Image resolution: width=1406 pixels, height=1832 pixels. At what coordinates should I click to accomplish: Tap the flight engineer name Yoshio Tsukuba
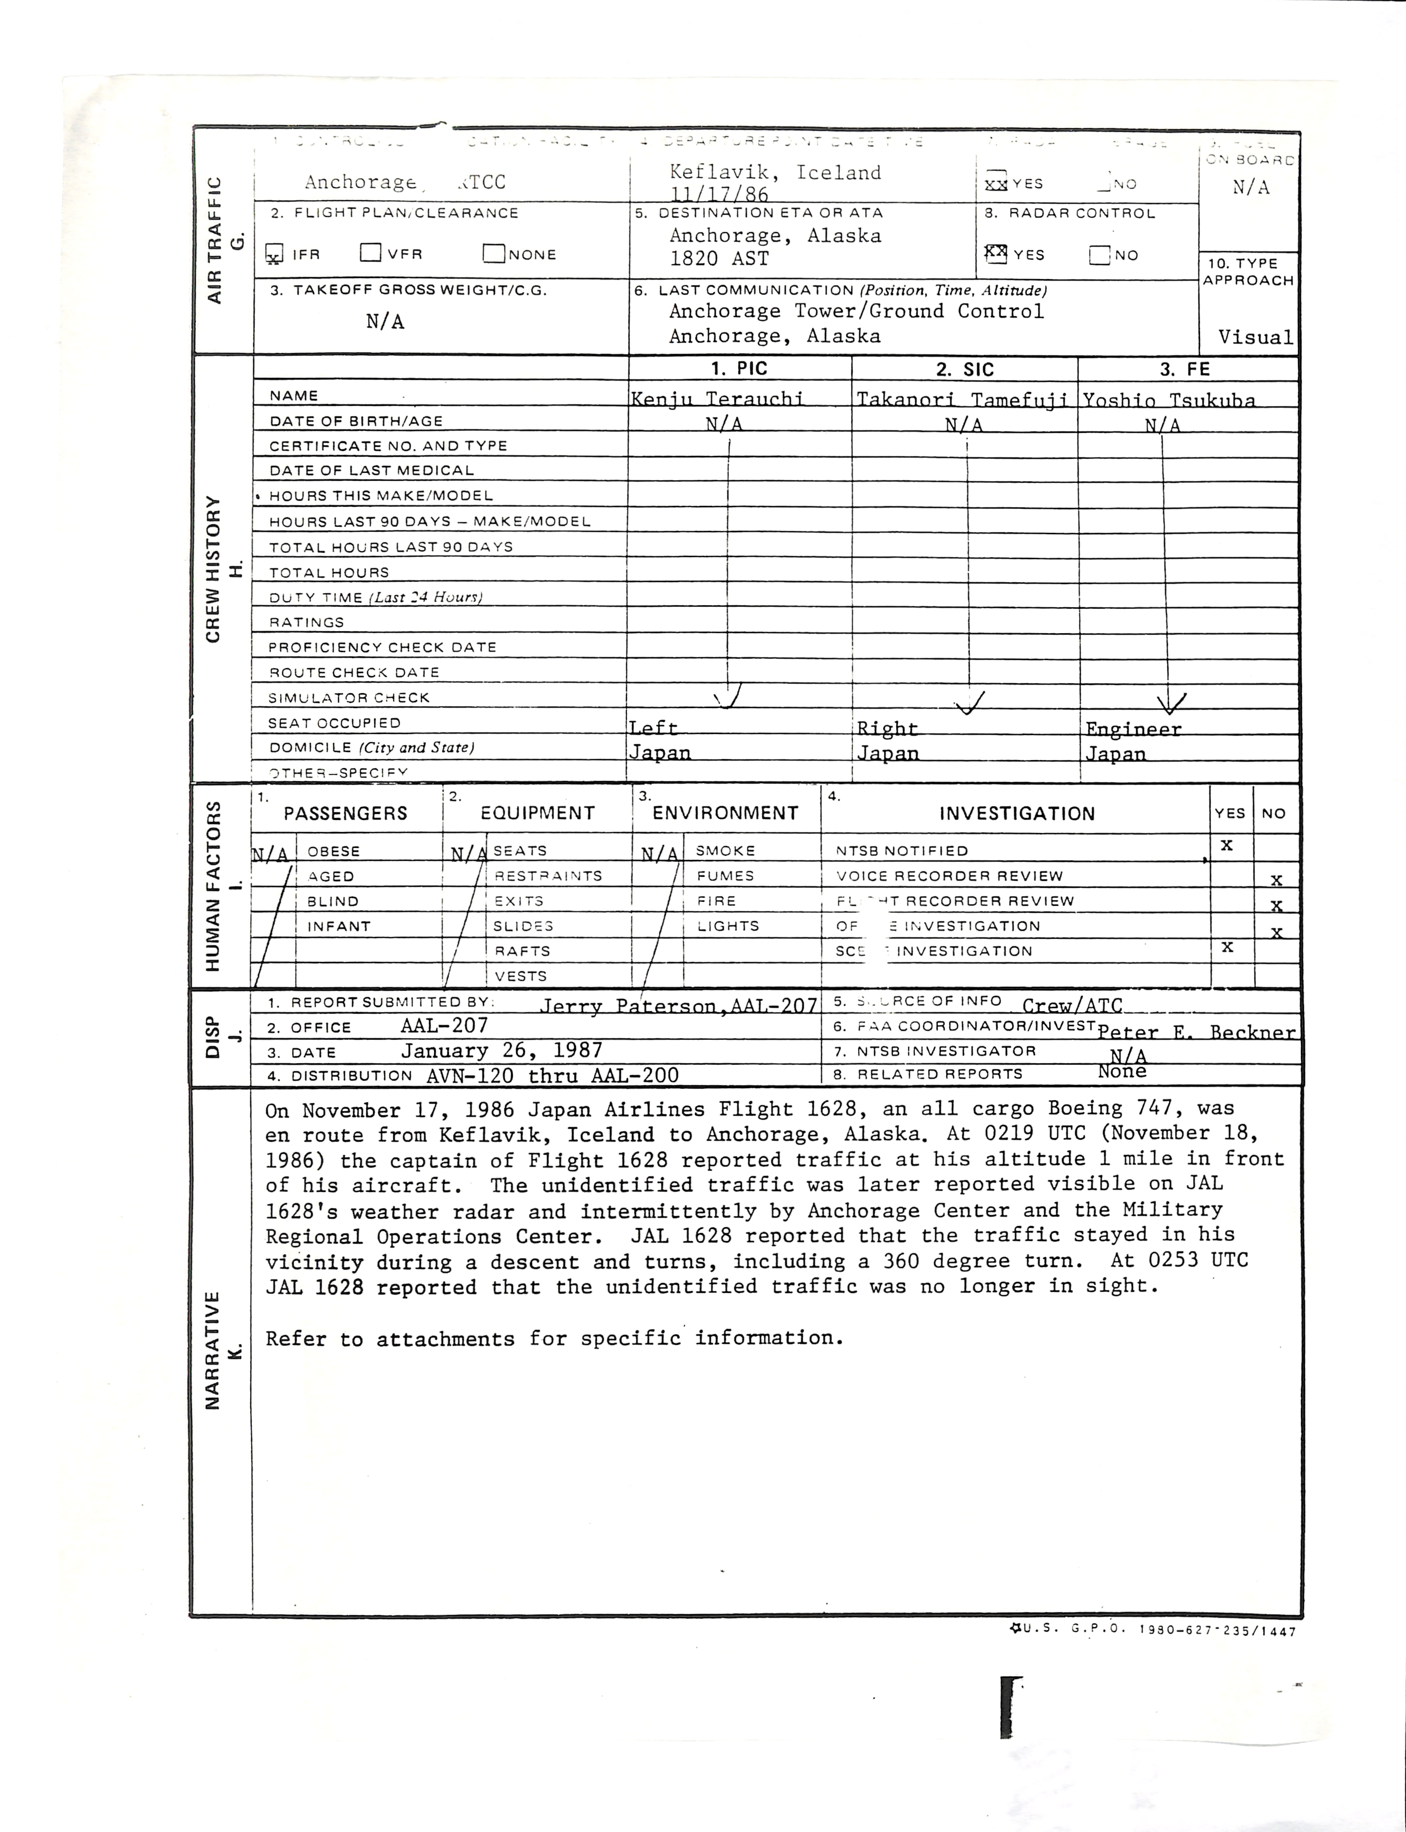coord(1169,401)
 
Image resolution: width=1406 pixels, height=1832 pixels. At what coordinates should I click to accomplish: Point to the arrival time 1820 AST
coord(719,258)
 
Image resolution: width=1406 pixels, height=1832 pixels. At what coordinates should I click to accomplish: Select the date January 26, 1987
coord(501,1051)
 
